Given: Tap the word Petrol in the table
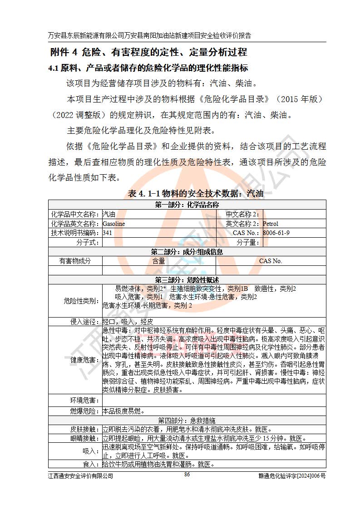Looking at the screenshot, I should click(x=271, y=224).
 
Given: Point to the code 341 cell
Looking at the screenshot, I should click(x=108, y=233).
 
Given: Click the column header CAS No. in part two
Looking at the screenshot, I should click(x=271, y=261).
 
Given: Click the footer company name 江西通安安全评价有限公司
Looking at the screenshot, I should click(x=80, y=475).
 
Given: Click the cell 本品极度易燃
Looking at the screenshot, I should click(x=123, y=411).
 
